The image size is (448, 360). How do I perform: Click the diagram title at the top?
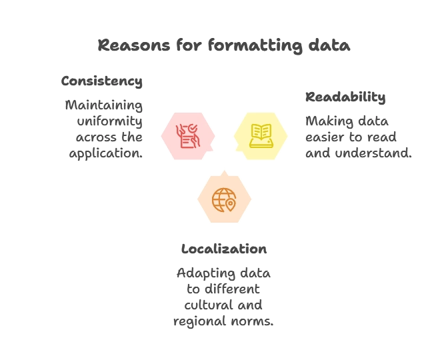tap(223, 45)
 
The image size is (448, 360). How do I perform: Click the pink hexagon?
tap(187, 135)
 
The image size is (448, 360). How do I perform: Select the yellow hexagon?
tap(261, 135)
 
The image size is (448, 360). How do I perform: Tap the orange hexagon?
tap(224, 199)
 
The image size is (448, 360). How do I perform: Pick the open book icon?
tap(261, 135)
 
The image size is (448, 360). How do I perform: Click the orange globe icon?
tap(223, 199)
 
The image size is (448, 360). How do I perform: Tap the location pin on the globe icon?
tap(231, 205)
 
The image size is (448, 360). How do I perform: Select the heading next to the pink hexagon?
tap(101, 81)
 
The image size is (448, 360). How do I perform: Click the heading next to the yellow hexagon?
tap(346, 99)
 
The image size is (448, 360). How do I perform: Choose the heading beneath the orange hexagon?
tap(225, 250)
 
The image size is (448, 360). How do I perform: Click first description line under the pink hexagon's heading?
tap(104, 105)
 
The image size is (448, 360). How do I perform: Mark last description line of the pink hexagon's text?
tap(107, 153)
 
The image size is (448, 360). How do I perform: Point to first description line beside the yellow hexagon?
tap(346, 122)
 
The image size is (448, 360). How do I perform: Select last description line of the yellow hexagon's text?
tap(359, 153)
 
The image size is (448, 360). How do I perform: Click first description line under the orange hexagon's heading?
tap(225, 274)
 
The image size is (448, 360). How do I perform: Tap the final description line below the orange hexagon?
tap(224, 322)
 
